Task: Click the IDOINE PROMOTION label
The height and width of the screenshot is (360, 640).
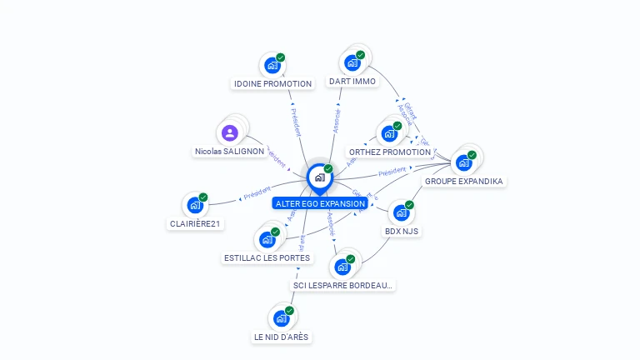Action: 272,83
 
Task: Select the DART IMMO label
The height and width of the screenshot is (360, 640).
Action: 352,82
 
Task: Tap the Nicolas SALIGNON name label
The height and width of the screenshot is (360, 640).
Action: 229,152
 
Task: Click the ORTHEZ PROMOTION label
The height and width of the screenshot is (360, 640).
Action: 389,152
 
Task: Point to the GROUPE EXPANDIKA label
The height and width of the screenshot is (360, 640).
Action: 464,181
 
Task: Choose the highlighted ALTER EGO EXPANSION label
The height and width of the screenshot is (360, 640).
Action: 320,203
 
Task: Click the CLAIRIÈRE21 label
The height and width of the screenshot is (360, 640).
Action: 197,223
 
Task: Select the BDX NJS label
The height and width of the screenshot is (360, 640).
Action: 402,231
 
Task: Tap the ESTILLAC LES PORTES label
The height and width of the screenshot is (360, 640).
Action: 267,258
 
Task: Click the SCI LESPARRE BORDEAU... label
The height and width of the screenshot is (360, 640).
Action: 342,285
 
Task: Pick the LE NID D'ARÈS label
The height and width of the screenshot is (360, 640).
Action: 282,337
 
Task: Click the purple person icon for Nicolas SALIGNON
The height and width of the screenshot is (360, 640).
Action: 230,132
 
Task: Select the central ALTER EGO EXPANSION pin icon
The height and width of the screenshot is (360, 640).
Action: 319,177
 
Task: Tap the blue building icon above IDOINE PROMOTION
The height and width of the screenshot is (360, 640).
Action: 272,64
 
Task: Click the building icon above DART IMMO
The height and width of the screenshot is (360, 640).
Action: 352,62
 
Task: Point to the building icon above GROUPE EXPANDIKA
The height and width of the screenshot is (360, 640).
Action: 464,162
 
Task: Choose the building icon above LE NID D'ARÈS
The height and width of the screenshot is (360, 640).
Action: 282,317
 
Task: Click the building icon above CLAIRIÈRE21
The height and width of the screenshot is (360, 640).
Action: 195,204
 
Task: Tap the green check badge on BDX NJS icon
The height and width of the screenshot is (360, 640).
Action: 409,204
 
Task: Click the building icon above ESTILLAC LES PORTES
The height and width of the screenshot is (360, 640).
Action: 267,239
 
